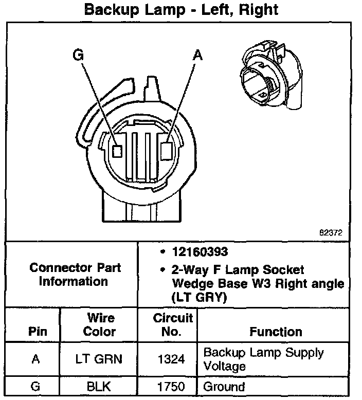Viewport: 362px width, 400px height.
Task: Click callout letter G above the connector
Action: [78, 55]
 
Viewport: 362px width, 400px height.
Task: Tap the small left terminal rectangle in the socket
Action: [117, 151]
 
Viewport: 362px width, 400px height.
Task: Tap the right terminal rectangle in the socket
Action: [167, 151]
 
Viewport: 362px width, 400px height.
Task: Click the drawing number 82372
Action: [331, 232]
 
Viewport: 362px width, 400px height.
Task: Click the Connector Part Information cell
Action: [76, 275]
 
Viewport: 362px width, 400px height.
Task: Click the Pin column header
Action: [35, 331]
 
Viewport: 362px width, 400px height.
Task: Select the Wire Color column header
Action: [99, 324]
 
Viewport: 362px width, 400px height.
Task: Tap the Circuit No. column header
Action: [173, 324]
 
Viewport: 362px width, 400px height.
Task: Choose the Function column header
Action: [276, 331]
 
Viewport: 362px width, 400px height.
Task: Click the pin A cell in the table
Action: [35, 359]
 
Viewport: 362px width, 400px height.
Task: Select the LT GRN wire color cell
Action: [99, 359]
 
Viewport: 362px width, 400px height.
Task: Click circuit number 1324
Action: [173, 359]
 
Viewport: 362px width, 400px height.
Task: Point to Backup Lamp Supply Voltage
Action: [264, 359]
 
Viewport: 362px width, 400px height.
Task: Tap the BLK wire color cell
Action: [99, 387]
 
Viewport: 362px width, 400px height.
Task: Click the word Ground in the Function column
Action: [224, 387]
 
